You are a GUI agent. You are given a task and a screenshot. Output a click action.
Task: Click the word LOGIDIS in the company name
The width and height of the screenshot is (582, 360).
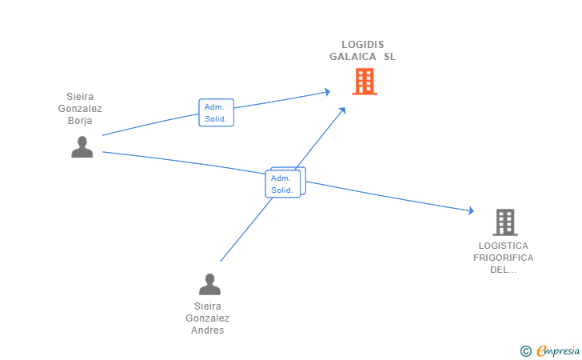(363, 45)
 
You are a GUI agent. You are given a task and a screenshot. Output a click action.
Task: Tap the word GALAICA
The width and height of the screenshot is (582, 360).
(352, 57)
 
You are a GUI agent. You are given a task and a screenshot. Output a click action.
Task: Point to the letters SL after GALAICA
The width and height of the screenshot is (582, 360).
(389, 57)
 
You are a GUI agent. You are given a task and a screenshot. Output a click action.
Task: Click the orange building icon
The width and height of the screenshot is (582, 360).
(365, 81)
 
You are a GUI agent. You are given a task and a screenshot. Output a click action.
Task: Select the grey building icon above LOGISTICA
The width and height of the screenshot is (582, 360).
(504, 222)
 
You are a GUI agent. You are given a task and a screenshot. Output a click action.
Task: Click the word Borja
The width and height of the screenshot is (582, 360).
(80, 121)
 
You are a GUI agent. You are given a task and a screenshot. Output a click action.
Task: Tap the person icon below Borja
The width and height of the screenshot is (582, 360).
(82, 147)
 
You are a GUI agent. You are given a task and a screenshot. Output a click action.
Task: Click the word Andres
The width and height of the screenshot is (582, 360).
(209, 330)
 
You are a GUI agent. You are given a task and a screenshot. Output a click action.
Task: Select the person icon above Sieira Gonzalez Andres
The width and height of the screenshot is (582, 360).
(209, 284)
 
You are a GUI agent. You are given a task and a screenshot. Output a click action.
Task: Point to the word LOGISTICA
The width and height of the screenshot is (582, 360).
(504, 246)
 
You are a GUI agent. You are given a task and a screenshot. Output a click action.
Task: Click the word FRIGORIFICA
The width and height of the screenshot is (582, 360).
(504, 258)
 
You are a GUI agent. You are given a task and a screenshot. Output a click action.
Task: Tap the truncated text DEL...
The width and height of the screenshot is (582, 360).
(504, 270)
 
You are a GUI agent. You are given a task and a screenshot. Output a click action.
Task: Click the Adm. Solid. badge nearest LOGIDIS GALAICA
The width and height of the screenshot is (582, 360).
(216, 113)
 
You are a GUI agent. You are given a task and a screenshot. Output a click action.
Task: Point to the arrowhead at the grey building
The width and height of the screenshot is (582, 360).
(471, 211)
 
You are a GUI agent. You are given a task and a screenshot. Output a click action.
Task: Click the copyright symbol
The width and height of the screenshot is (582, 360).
(525, 350)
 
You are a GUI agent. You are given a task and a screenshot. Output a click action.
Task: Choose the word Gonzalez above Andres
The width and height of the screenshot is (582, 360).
(208, 318)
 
